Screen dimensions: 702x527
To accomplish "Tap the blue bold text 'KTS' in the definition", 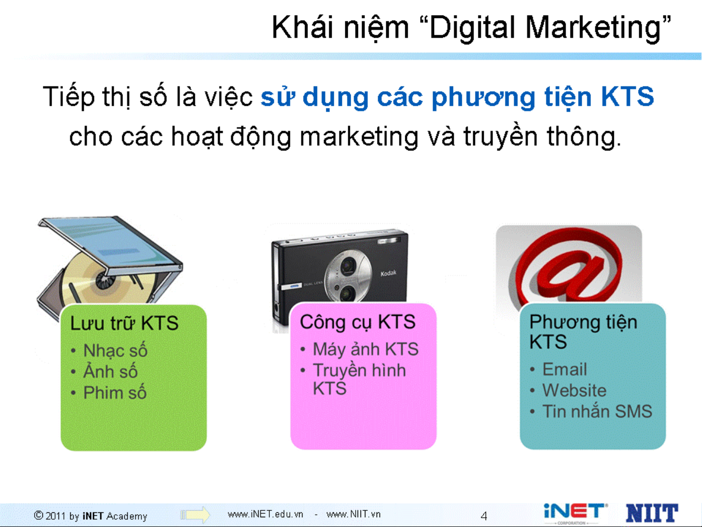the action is [x=627, y=97].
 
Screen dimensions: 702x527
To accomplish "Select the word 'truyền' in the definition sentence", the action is [x=500, y=136].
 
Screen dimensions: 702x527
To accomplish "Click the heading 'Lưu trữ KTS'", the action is [x=124, y=323].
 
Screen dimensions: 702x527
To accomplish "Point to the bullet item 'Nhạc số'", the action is [x=115, y=351].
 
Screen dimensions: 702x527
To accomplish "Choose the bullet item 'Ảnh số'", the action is [x=110, y=371].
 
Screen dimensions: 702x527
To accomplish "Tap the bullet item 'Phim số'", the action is [x=115, y=392].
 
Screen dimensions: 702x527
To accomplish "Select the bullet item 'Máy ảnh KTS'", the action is [x=365, y=349].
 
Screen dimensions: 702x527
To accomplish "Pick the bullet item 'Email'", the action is [x=565, y=369].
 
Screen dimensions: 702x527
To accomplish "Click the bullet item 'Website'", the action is [x=574, y=390].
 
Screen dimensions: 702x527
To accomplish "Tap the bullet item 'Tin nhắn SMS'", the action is [x=597, y=411].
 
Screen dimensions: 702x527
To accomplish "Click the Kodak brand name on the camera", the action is [x=388, y=273].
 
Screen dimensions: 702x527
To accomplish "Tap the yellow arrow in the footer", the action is [x=195, y=515].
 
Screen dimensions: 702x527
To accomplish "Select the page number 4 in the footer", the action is [x=484, y=516].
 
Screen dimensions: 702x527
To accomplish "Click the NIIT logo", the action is [x=651, y=513].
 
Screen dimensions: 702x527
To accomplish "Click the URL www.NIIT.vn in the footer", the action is [x=353, y=514].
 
